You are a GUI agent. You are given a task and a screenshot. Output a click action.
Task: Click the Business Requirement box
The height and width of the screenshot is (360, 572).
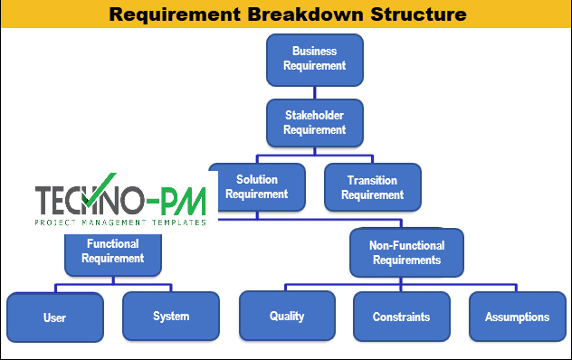314,59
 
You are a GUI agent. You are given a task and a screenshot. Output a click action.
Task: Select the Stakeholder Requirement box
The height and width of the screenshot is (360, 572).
314,123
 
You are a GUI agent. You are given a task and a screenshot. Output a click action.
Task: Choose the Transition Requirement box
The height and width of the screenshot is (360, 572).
372,187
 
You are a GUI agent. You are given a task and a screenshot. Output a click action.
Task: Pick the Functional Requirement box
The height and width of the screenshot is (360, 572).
112,251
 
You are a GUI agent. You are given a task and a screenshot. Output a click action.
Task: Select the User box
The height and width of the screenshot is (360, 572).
54,317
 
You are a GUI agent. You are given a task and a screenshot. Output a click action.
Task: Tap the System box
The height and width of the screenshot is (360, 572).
170,316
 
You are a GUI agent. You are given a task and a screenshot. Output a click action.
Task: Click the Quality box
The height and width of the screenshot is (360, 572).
287,316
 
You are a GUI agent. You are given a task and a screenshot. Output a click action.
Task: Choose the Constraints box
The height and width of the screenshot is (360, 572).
401,317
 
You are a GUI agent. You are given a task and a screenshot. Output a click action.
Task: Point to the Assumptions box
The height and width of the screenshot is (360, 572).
517,317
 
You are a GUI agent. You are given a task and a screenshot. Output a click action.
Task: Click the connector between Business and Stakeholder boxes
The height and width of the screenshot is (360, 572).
314,91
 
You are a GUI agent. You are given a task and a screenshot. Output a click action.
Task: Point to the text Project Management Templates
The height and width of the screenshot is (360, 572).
120,221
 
